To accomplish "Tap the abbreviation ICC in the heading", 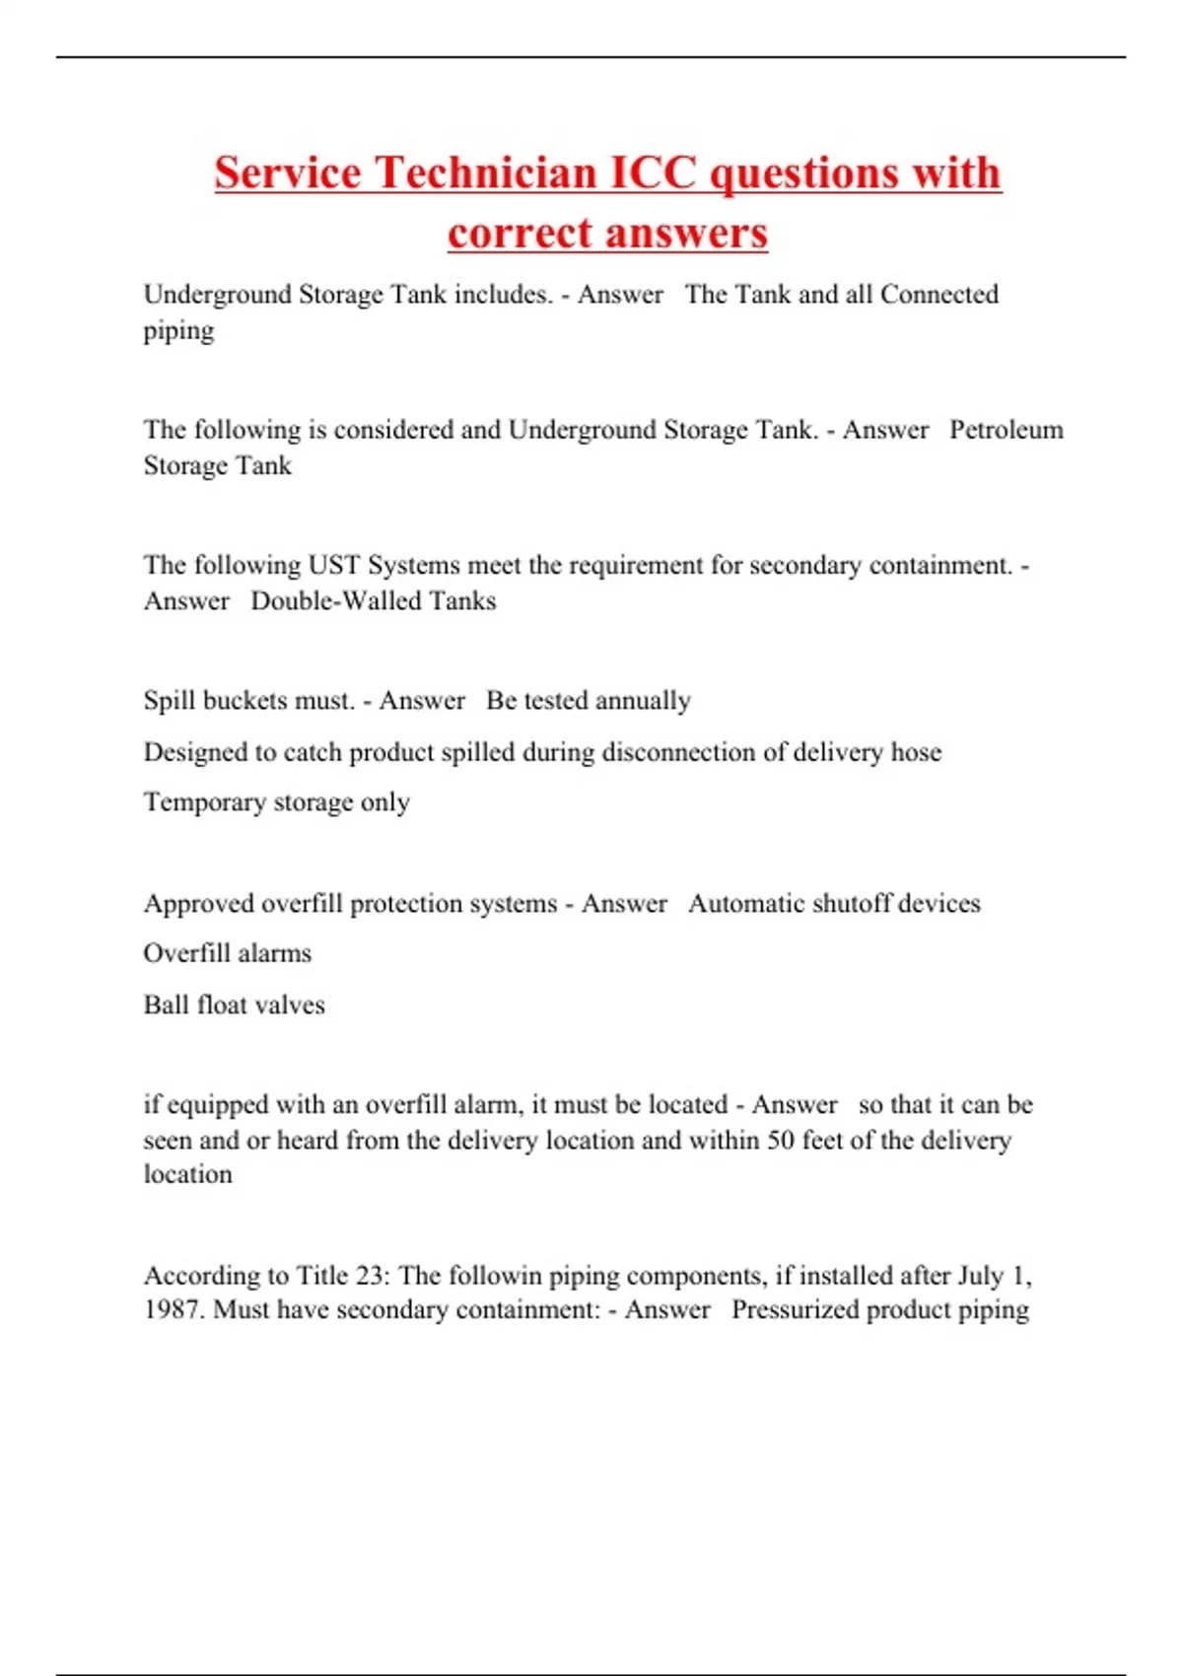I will [654, 173].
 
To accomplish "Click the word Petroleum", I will [1006, 430].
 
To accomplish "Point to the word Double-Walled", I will [324, 600].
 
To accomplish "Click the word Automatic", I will [744, 903].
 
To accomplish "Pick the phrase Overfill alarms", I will [227, 953].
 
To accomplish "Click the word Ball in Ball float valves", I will [166, 1005].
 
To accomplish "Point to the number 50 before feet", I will [781, 1140].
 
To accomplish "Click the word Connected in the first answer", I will [939, 294].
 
